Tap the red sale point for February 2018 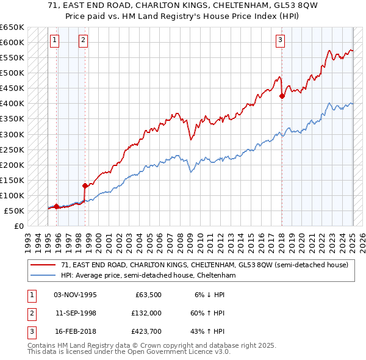pyautogui.click(x=282, y=96)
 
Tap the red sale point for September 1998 pyautogui.click(x=85, y=185)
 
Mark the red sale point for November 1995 pyautogui.click(x=56, y=206)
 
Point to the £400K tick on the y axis pyautogui.click(x=12, y=104)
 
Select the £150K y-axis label pyautogui.click(x=12, y=180)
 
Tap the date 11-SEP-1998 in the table pyautogui.click(x=76, y=313)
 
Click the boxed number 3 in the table pyautogui.click(x=30, y=333)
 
